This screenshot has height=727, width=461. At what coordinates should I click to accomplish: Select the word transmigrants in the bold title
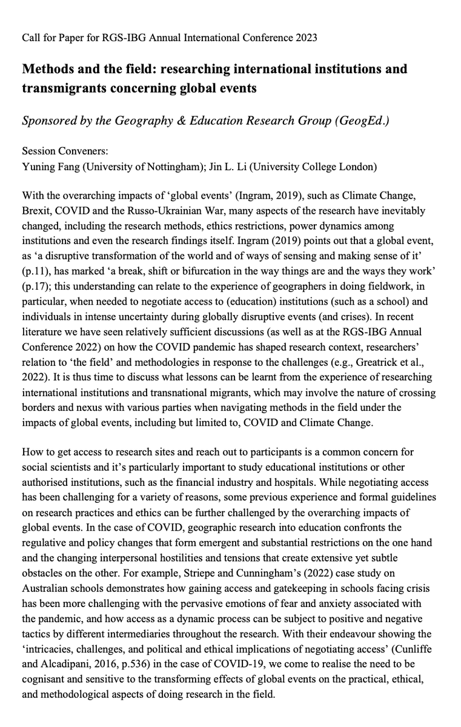click(60, 88)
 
